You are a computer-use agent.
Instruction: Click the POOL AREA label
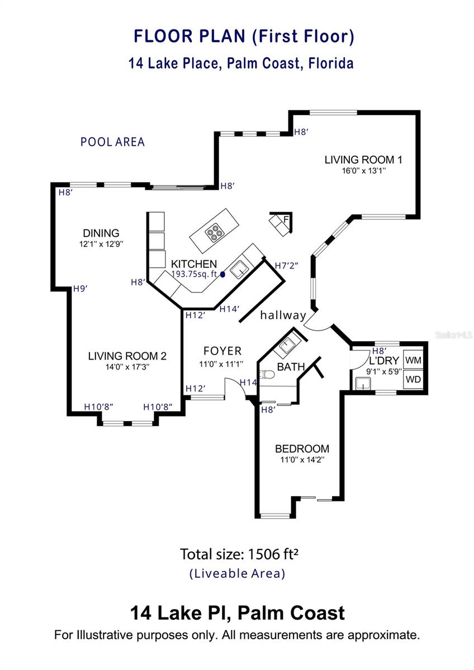[112, 142]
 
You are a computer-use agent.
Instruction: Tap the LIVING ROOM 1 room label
[363, 160]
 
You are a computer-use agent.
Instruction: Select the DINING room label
[101, 233]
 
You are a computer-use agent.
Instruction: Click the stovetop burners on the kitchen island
[214, 232]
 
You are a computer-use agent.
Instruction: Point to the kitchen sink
[239, 269]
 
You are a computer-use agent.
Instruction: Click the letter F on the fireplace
[286, 219]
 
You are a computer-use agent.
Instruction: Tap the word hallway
[283, 315]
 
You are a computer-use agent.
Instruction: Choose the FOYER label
[222, 351]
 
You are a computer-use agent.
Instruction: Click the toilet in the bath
[267, 374]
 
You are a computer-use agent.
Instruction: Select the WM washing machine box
[413, 360]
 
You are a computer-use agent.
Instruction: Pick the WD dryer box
[413, 379]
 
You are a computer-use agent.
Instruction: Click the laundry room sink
[363, 384]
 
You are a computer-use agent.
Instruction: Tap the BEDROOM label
[302, 449]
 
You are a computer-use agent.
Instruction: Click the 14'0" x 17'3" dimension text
[127, 367]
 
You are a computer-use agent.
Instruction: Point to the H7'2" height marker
[286, 265]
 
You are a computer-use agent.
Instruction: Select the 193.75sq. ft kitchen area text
[194, 274]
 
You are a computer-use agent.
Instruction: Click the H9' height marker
[80, 289]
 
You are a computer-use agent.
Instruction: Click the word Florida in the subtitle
[331, 63]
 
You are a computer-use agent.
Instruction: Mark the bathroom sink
[287, 346]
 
